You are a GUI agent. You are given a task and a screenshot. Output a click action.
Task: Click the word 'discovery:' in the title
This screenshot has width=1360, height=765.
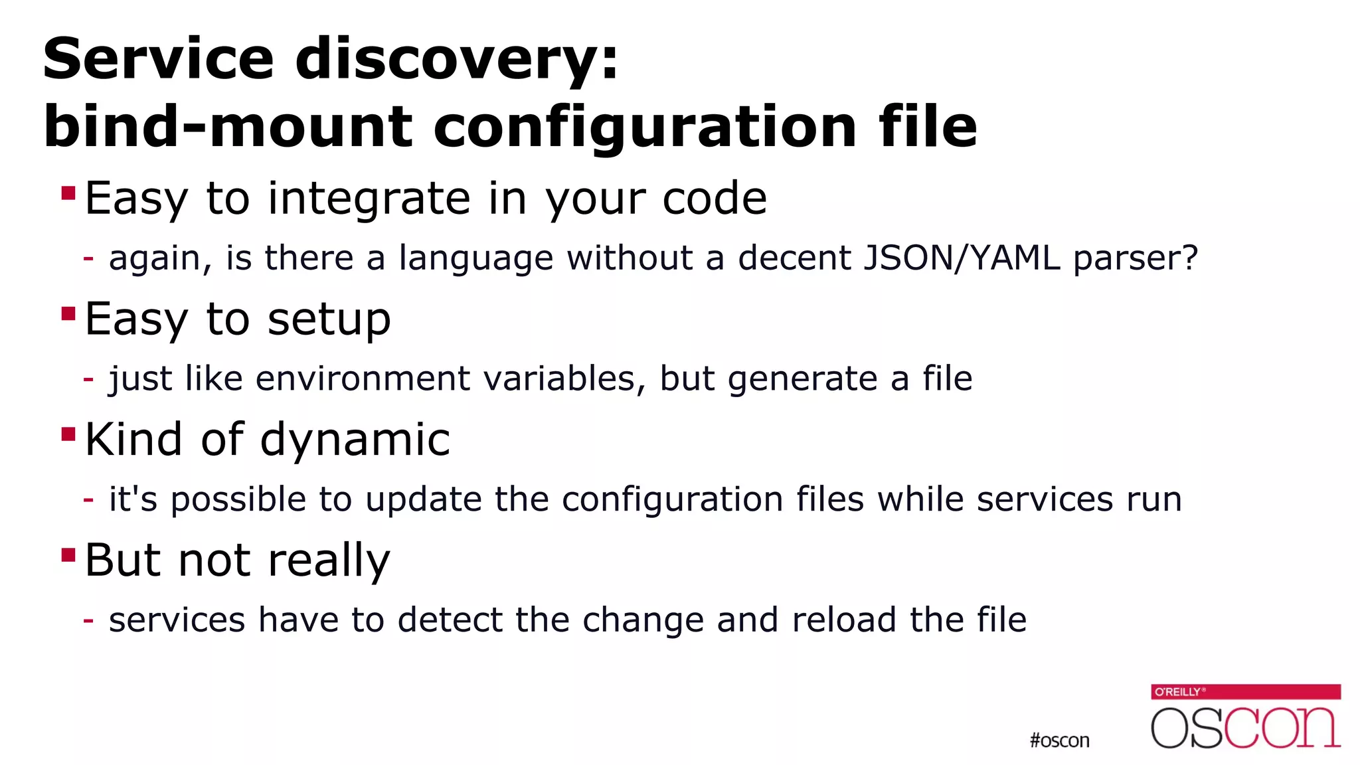457,60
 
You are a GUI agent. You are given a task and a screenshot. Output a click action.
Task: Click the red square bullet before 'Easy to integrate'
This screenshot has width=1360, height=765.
68,193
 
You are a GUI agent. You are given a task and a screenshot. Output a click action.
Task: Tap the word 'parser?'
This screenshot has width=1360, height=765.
1136,259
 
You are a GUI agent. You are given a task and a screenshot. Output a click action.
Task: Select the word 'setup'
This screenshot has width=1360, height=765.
329,320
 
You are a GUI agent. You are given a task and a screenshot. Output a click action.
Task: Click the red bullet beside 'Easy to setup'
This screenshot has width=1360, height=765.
68,313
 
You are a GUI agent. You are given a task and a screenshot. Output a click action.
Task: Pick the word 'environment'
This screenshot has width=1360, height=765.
363,379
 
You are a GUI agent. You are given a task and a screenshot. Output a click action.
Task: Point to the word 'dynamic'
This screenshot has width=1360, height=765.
355,440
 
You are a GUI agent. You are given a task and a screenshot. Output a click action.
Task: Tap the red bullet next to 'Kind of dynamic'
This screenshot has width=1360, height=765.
68,434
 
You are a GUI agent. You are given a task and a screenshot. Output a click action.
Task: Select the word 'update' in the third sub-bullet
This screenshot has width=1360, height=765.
424,500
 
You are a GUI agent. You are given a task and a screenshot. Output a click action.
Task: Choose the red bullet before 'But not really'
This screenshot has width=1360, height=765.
68,554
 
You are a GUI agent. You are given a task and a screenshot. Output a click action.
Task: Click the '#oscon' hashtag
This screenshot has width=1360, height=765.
1059,740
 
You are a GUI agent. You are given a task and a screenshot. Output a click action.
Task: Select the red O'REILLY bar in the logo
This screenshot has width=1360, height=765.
1246,692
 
